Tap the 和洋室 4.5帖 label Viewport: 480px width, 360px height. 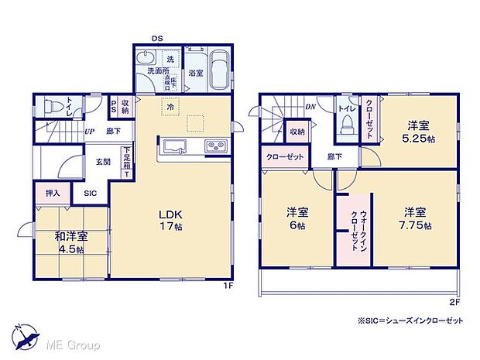pos(70,243)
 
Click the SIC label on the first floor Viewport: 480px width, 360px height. pos(91,192)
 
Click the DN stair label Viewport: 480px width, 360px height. pos(309,107)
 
